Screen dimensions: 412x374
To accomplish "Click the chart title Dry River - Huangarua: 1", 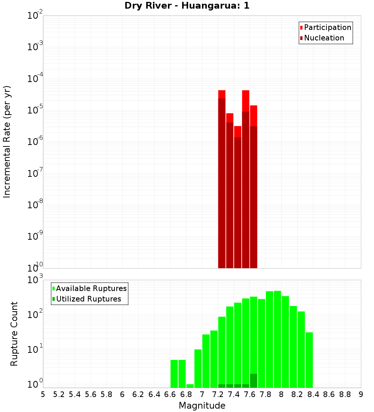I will [x=187, y=6].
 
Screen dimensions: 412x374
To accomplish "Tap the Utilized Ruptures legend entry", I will [x=88, y=299].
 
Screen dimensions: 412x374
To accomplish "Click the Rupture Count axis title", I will [x=14, y=334].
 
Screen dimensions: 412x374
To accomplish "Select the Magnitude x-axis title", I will [x=202, y=406].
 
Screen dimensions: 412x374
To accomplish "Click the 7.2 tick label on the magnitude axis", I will [x=218, y=394].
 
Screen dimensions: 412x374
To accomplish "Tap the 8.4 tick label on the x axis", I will [x=313, y=394].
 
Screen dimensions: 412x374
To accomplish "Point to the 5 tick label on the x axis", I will [x=43, y=394].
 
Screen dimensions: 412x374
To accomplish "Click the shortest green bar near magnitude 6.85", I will [x=190, y=386].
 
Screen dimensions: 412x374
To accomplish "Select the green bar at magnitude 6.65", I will [x=174, y=373].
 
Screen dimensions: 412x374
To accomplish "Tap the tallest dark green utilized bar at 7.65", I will [x=254, y=381].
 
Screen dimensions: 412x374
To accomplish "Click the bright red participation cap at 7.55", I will [x=246, y=100].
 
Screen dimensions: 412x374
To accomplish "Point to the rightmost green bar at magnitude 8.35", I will [x=309, y=360].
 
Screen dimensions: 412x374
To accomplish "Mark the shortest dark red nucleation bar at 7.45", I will [x=237, y=202].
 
